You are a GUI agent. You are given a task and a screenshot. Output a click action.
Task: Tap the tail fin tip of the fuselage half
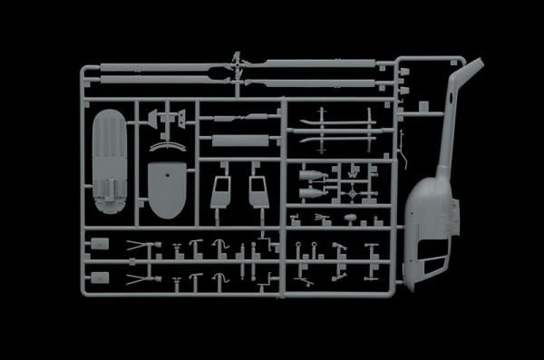tap(474, 64)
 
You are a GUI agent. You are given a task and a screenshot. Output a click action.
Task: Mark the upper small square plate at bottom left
tap(101, 243)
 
